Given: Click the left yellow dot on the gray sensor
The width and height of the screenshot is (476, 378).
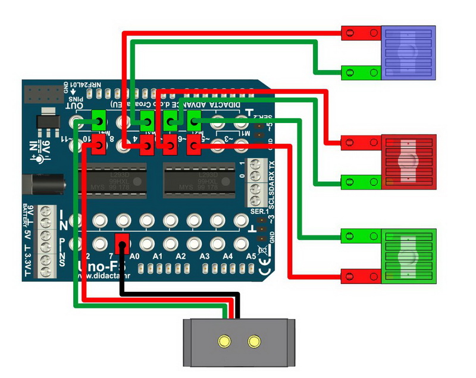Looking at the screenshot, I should [224, 341].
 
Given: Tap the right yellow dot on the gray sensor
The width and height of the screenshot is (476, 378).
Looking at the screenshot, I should [255, 341].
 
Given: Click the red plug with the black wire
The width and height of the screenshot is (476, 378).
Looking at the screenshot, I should [123, 241].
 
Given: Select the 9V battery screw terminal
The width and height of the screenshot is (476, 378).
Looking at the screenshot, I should [45, 215].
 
